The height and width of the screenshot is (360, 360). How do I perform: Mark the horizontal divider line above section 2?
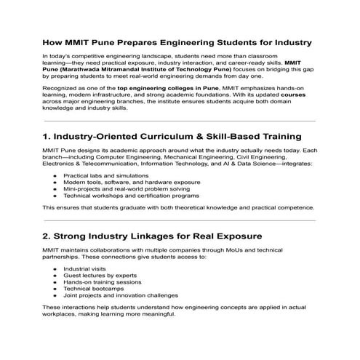[x=180, y=219]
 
